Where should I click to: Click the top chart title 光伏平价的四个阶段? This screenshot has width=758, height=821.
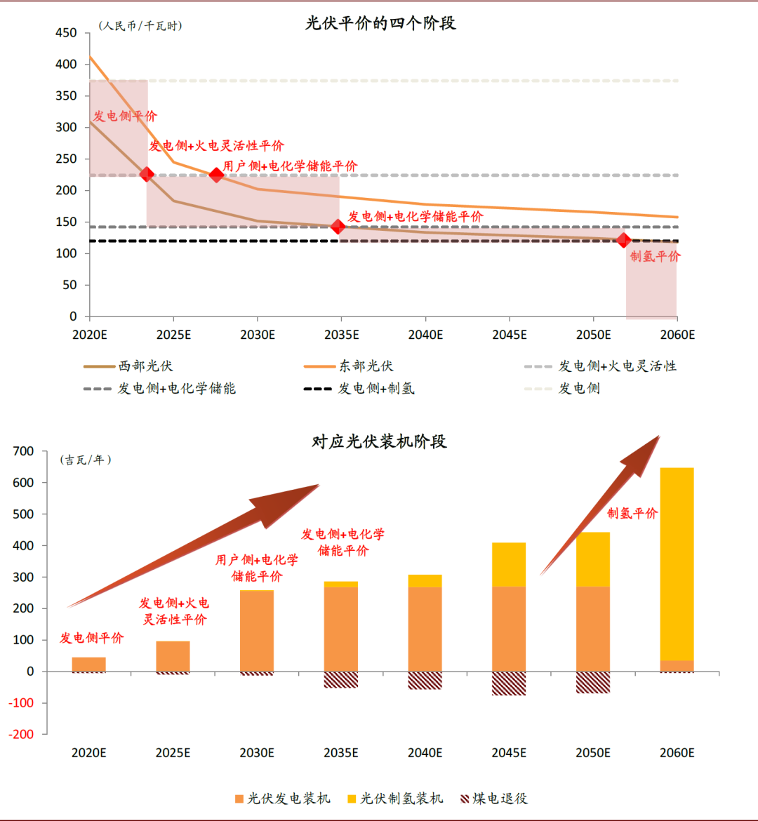pos(380,23)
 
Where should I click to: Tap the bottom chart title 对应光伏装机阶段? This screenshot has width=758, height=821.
pos(379,441)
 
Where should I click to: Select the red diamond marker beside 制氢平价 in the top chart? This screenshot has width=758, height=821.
pos(623,240)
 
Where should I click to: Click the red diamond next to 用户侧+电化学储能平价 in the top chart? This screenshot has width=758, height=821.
pos(216,174)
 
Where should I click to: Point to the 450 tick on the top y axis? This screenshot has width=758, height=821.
pos(66,33)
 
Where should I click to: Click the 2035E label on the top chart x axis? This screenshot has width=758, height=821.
pos(341,335)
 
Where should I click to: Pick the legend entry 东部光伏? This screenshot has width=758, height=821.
pos(349,366)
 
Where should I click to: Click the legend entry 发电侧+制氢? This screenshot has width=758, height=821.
pos(359,388)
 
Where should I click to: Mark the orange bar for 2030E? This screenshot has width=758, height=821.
pos(257,631)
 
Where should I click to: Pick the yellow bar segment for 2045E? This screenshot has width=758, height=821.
pos(509,564)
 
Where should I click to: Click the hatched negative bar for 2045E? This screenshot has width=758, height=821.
pos(509,683)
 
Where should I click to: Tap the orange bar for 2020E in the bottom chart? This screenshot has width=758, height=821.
pos(89,664)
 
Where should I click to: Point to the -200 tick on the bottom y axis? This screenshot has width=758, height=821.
pos(23,734)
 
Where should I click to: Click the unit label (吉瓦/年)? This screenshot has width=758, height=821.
pos(87,460)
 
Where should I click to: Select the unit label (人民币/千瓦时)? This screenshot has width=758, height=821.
pos(140,26)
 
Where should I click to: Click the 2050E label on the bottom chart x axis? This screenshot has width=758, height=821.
pos(593,753)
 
